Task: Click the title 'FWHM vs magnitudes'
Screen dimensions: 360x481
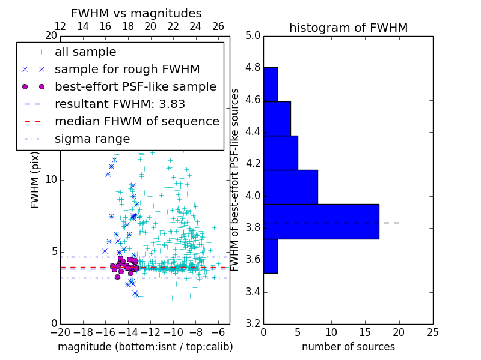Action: tap(136, 14)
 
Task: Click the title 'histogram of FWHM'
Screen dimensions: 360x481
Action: tap(348, 28)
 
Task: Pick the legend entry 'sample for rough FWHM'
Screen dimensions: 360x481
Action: tap(127, 70)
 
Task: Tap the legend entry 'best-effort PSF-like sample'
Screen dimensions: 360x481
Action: tap(135, 86)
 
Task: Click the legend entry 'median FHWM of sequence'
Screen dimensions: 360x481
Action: tap(136, 121)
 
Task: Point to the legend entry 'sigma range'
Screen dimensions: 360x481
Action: tap(92, 139)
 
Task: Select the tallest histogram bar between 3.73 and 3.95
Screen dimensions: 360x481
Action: tap(321, 221)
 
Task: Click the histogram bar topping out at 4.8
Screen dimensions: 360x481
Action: tap(270, 85)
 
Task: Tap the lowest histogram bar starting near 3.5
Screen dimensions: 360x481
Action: tap(270, 256)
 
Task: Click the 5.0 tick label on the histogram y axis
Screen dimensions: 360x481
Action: tap(252, 35)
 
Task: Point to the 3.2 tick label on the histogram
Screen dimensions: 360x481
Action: tap(252, 323)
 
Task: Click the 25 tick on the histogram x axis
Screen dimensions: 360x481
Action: tap(432, 332)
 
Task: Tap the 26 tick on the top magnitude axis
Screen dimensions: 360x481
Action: tap(218, 26)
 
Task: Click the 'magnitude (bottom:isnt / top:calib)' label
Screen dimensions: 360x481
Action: tap(145, 347)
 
